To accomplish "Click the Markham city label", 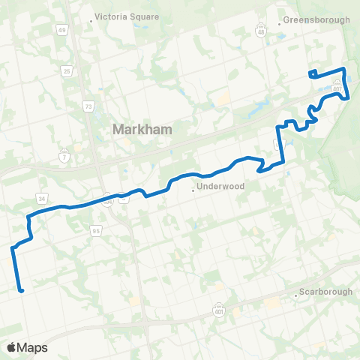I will [x=142, y=129].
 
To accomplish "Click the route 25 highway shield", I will [x=67, y=71].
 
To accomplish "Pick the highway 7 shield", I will [x=65, y=155].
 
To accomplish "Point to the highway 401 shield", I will [x=219, y=309].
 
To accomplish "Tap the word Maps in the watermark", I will [x=33, y=347].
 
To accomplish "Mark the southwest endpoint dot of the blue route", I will [x=22, y=291].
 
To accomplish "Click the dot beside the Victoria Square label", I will [x=91, y=21].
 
